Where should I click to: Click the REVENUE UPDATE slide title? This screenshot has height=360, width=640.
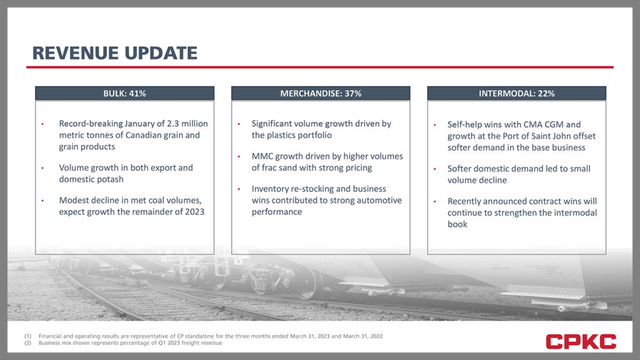click(115, 53)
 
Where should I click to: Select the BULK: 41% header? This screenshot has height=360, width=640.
click(124, 94)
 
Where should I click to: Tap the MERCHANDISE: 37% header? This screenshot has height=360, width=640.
click(321, 94)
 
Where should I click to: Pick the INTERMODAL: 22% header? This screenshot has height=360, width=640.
click(517, 94)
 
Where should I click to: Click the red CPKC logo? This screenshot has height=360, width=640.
click(581, 342)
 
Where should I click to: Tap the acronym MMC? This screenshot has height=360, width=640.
click(262, 156)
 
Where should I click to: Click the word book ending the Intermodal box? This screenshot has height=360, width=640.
click(457, 224)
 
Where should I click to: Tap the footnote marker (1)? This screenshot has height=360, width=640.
click(27, 336)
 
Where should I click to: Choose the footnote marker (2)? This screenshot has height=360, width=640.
click(27, 343)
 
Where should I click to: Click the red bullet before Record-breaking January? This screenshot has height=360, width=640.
click(42, 124)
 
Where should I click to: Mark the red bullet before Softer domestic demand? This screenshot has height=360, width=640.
click(435, 169)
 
